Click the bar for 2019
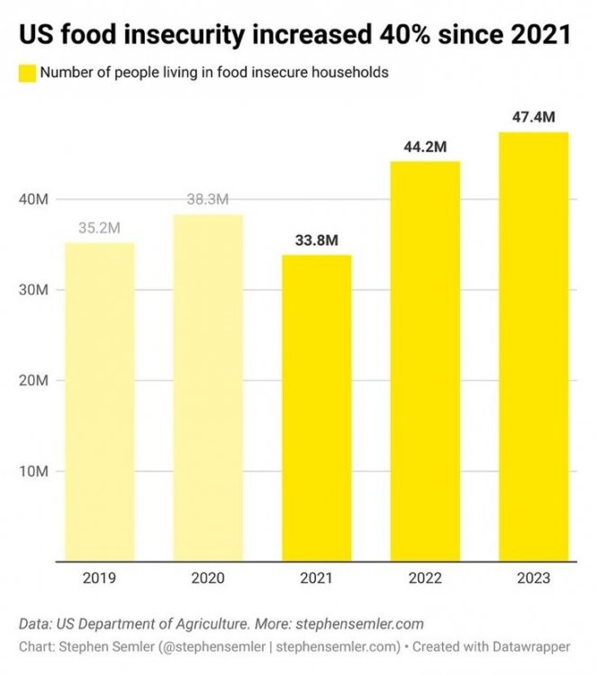100,402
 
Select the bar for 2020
208,388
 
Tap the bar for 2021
316,409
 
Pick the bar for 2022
425,362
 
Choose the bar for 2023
533,347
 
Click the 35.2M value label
100,228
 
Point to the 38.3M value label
208,199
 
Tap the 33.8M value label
316,240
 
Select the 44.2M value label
425,147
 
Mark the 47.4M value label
533,117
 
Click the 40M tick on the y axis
33,199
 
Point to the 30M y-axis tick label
33,290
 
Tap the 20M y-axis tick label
33,381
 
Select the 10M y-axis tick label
33,472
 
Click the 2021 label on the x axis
316,579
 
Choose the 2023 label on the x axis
533,579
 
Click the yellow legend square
26,73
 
